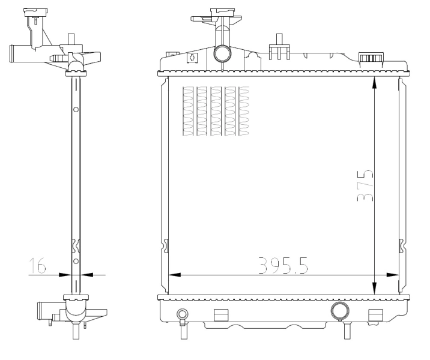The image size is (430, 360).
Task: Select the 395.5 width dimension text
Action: coord(283,265)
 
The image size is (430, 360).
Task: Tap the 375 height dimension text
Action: coord(364,186)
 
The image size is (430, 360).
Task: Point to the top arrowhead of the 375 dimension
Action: coord(374,82)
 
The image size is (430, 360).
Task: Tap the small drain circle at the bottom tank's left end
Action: coord(182,314)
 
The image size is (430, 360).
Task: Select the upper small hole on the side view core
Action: coord(76,110)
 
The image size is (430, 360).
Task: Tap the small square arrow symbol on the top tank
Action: coord(192,58)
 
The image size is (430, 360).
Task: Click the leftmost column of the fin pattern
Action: coord(188,111)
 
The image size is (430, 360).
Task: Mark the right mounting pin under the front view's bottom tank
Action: coord(346,330)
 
